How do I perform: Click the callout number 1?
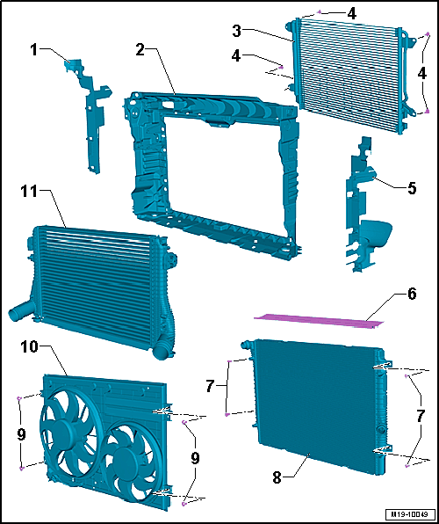pyautogui.click(x=34, y=50)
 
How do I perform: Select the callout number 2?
pyautogui.click(x=141, y=50)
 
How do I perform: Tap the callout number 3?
pyautogui.click(x=238, y=31)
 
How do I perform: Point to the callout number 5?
pyautogui.click(x=411, y=189)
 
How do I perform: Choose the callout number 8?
pyautogui.click(x=278, y=478)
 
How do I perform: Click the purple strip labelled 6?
pyautogui.click(x=316, y=321)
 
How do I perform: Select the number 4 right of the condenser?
pyautogui.click(x=422, y=74)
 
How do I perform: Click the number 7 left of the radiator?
pyautogui.click(x=209, y=387)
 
